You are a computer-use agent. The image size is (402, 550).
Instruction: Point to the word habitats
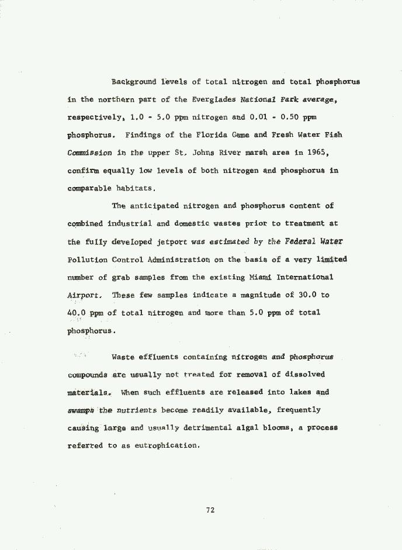136,188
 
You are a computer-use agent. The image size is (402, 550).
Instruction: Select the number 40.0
77,313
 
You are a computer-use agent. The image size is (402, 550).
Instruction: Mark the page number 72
210,510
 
